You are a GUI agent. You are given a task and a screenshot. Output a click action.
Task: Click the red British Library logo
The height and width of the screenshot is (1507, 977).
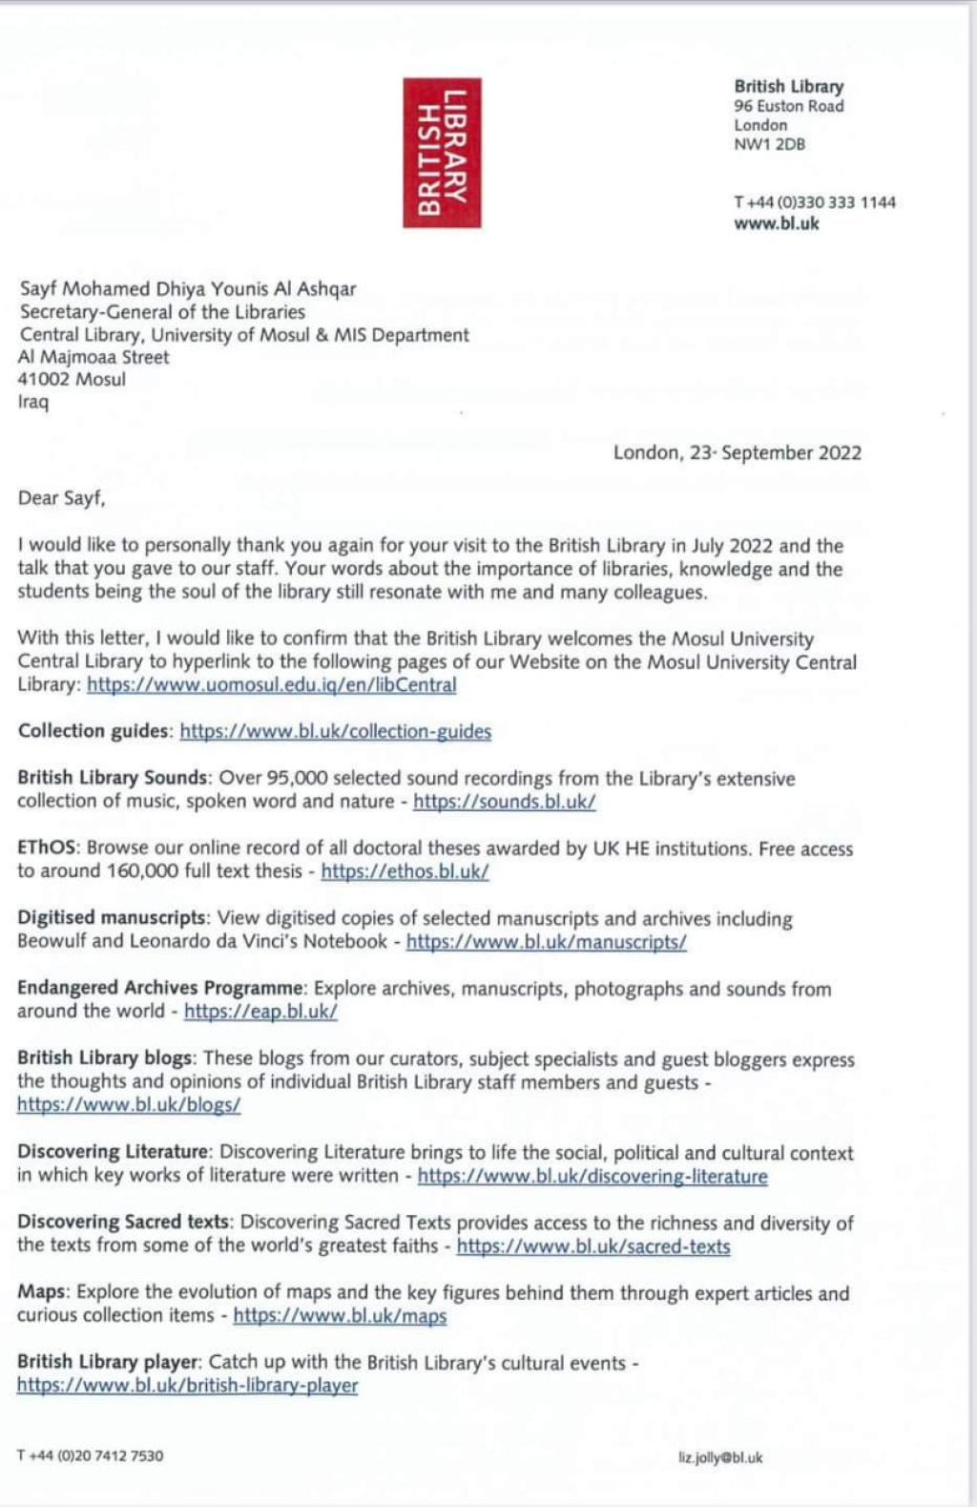tap(442, 153)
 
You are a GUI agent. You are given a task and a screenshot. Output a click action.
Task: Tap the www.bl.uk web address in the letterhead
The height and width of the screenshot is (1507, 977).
tap(776, 223)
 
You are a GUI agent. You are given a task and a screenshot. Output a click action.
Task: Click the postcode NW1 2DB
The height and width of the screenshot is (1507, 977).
tap(769, 144)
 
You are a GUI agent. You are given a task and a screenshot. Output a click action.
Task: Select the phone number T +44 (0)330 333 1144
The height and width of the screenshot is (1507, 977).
tap(815, 202)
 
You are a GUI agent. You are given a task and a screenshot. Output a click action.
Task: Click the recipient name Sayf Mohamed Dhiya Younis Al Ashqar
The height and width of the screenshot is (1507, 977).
tap(188, 288)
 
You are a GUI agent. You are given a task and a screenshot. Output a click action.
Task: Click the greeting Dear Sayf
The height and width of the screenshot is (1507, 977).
tap(61, 497)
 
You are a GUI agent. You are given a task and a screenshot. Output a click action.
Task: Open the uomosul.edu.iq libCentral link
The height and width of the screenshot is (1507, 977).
tap(271, 684)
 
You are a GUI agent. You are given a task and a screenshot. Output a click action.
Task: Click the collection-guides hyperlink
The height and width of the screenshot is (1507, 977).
tap(335, 731)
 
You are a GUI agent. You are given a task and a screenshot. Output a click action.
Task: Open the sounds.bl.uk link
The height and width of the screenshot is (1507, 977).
tap(504, 802)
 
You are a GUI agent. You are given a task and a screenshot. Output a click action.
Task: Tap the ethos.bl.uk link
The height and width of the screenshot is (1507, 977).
tap(405, 870)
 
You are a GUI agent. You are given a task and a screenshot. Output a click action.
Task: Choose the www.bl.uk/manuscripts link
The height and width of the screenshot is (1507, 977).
tap(546, 941)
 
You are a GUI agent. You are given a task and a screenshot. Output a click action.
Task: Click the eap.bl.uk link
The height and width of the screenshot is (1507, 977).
tap(260, 1011)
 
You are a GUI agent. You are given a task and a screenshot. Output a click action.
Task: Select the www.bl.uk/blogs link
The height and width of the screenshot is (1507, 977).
tap(129, 1104)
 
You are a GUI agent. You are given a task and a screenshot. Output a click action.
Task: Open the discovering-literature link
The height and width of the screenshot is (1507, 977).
tap(592, 1176)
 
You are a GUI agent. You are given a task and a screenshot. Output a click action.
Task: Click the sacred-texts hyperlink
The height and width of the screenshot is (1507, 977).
tap(592, 1245)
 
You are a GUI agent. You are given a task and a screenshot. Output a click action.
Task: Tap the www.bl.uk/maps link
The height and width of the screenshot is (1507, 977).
tap(340, 1315)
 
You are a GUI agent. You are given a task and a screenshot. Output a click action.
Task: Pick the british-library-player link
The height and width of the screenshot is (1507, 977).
tap(187, 1385)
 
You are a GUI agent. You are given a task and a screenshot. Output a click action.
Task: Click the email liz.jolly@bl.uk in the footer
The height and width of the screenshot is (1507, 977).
tap(720, 1457)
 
